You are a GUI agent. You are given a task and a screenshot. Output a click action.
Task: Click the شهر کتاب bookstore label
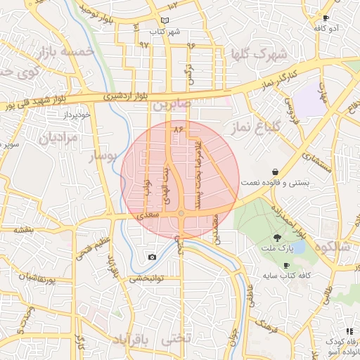pos(165,32)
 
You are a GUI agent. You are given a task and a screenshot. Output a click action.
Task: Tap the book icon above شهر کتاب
pos(165,21)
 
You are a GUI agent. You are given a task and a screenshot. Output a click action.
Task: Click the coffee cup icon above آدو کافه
pos(326,18)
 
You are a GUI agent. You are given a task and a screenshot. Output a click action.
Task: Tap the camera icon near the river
pos(152,257)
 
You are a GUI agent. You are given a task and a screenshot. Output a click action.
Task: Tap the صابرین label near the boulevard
pos(170,105)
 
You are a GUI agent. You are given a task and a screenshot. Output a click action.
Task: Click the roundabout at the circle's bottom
pos(181,213)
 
